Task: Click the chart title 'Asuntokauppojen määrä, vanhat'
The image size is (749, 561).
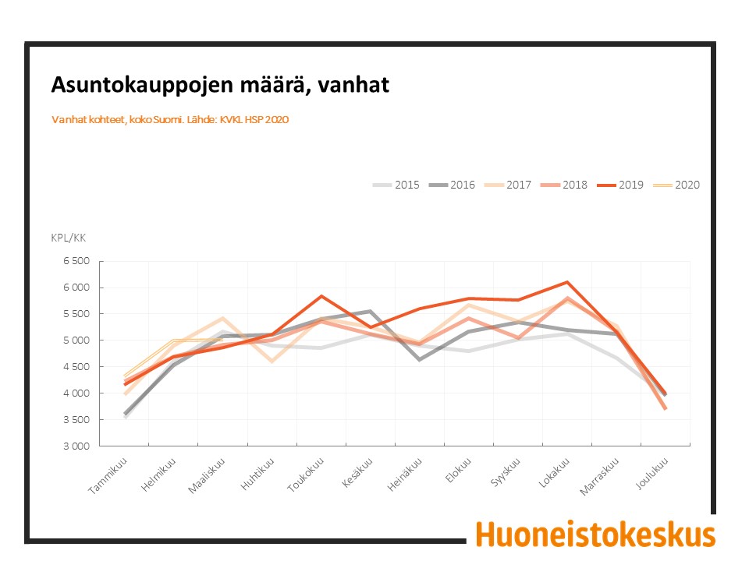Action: coord(220,85)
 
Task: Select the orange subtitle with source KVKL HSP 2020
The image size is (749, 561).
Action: coord(170,120)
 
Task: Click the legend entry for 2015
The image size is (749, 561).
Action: coord(396,185)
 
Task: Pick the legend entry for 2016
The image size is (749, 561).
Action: coord(452,185)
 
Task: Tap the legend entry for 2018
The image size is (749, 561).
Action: coord(564,185)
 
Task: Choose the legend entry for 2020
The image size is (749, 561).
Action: coord(676,185)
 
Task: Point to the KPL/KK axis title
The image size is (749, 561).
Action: coord(69,238)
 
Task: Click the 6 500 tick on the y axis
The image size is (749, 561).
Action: coord(76,261)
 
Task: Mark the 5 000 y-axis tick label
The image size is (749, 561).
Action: coord(76,340)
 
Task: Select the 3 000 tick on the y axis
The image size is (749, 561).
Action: coord(76,446)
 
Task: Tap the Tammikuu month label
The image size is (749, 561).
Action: coord(108,475)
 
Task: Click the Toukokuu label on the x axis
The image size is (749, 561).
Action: coord(306,475)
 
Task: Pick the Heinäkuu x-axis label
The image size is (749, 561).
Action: coord(405,475)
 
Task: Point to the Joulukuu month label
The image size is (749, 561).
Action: coord(651,474)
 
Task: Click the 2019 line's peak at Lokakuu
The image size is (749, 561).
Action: coord(567,282)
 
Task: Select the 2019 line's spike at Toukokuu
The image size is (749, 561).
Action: coord(321,296)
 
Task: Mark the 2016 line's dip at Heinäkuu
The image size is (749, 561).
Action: coord(420,360)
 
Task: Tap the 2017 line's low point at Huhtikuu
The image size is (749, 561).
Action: coord(272,362)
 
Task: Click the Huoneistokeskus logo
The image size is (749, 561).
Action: coord(595,535)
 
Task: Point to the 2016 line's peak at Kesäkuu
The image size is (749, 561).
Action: coord(370,311)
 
